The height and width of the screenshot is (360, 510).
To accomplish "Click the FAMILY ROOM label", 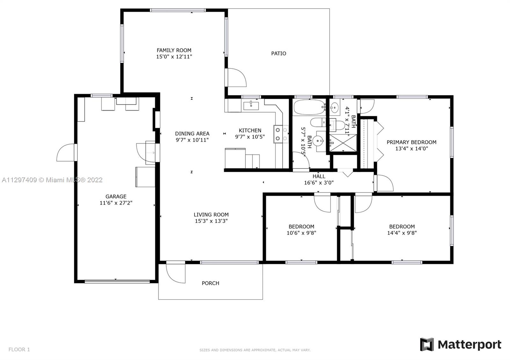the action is tap(174, 50).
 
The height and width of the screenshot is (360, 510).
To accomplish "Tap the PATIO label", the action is tap(279, 54).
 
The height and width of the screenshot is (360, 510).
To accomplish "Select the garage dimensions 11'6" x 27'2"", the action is tap(116, 203).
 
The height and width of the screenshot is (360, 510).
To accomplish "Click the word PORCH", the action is tap(210, 283).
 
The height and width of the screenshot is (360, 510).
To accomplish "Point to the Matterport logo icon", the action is tap(427, 344).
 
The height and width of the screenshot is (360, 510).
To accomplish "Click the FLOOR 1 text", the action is tap(19, 349).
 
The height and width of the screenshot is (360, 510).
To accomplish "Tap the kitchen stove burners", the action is tap(281, 134).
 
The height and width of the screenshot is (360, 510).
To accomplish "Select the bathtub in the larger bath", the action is tap(310, 107).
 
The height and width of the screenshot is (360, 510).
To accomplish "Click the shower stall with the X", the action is tap(343, 143).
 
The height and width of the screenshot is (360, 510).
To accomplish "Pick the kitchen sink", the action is tap(251, 106).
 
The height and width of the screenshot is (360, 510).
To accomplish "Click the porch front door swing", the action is tap(176, 273).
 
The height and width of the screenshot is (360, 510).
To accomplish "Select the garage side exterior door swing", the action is tap(66, 152).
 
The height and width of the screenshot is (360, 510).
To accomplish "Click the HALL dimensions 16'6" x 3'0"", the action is tap(319, 183).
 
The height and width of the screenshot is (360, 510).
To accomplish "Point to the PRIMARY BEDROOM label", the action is tap(412, 142).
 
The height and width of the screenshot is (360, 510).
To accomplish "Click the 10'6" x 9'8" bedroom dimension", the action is tap(301, 233).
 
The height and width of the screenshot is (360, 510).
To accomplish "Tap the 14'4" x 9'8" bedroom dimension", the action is tap(402, 233).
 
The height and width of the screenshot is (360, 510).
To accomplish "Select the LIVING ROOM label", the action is tap(211, 215).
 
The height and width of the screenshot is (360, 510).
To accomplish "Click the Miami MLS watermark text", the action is tap(52, 180).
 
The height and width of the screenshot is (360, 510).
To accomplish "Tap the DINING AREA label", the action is tap(192, 133).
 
